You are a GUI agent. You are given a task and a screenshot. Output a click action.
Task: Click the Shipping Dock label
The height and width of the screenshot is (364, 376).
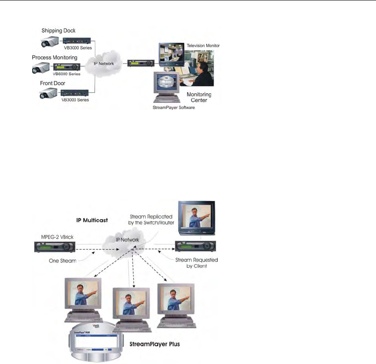[58, 31]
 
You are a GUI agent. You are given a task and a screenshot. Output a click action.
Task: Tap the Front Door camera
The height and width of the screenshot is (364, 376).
[49, 93]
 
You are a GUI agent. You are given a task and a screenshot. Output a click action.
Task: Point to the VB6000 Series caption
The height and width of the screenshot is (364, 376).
[66, 74]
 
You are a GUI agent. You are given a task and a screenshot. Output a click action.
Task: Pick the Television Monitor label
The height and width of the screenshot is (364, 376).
[203, 45]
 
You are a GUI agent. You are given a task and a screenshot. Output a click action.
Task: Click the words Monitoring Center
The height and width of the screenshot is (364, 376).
[199, 97]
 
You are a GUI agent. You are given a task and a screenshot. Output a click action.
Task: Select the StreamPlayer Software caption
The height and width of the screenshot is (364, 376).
[174, 107]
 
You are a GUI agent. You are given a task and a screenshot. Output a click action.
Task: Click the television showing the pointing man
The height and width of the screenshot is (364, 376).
[197, 220]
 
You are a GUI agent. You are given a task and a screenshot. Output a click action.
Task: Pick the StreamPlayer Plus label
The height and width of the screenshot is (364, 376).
[155, 344]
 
